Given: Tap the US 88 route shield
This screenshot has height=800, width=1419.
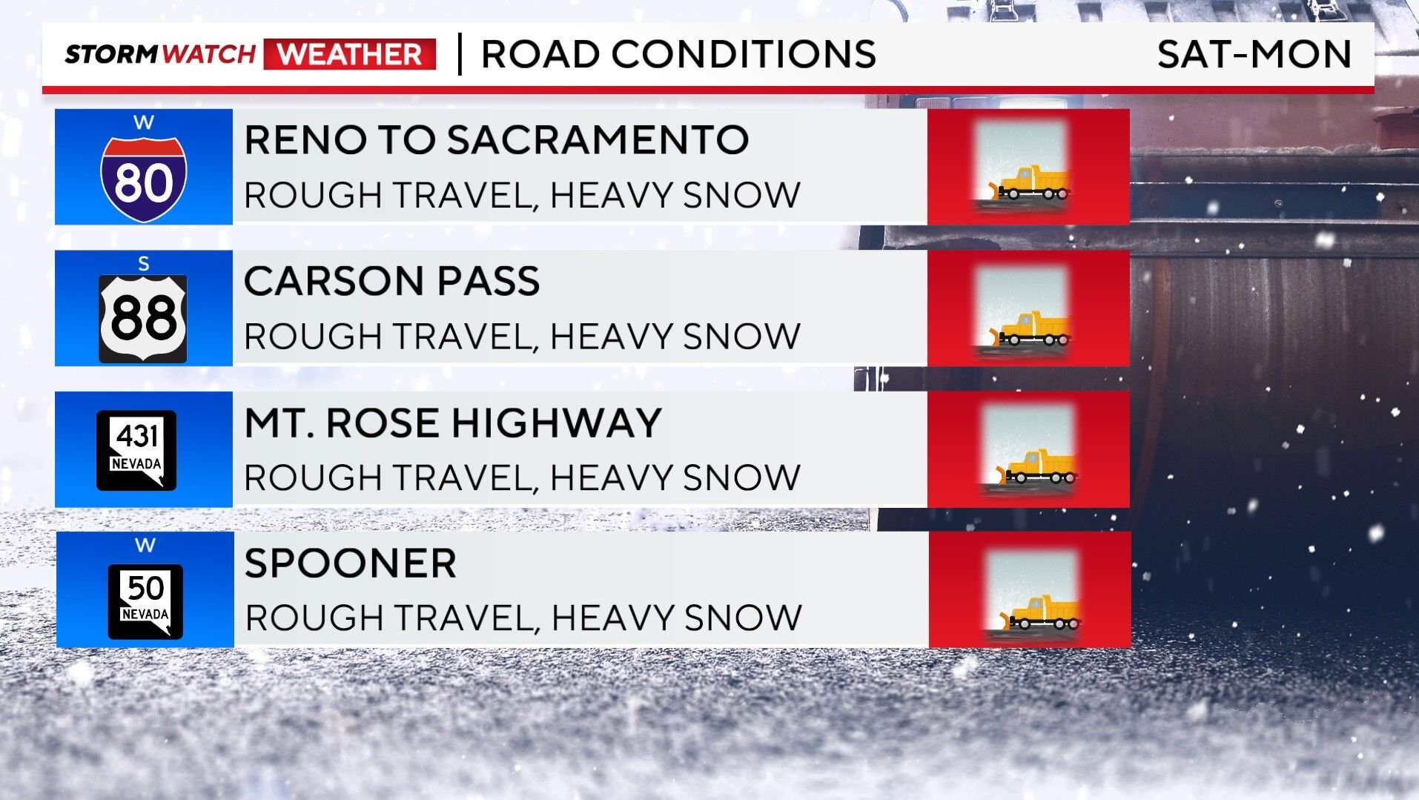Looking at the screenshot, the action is pos(143,318).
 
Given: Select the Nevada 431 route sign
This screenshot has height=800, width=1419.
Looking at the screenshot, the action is pos(136,450).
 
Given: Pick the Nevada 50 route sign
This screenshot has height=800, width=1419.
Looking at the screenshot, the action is pos(145,601).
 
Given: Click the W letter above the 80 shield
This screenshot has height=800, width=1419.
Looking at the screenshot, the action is pos(144,122).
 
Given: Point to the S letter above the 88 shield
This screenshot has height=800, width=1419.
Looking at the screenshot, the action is pos(144,263).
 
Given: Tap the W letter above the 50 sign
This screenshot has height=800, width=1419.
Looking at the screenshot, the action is pos(145,545).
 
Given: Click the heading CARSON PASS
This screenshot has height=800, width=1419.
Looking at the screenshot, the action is pos(391,281).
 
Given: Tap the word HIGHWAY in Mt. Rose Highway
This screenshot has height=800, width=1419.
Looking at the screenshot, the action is pos(556,423).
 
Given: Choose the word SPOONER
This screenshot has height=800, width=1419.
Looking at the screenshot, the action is pos(350,563).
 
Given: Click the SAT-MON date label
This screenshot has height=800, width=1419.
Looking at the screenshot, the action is pos(1254,54).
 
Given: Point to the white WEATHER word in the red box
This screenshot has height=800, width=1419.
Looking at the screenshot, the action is pos(350,54).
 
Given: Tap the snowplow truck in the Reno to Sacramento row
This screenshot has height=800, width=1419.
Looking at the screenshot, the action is pos(1028,184).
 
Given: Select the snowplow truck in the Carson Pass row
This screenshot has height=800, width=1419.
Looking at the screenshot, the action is pos(1028,329).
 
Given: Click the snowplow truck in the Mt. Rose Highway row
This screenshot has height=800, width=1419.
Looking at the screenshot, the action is pos(1036,467).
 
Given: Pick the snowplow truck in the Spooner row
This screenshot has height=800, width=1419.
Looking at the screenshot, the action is pos(1039,613).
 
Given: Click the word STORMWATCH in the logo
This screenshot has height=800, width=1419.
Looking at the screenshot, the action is pos(160,54).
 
